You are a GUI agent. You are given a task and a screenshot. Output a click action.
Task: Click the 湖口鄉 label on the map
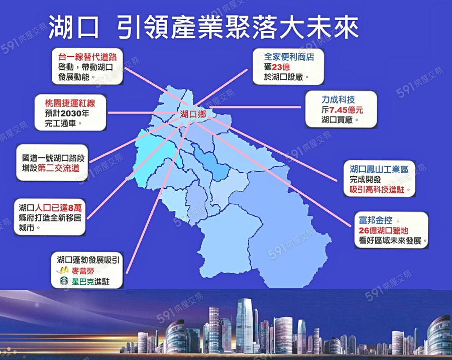[x=193, y=114]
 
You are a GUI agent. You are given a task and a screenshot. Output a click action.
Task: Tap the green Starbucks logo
[x=64, y=281]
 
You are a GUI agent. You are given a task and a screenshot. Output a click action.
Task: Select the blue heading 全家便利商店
[x=289, y=56]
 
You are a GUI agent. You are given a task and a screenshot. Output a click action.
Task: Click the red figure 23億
[x=281, y=67]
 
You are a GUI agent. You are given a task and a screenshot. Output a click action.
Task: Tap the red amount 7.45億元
[x=346, y=110]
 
